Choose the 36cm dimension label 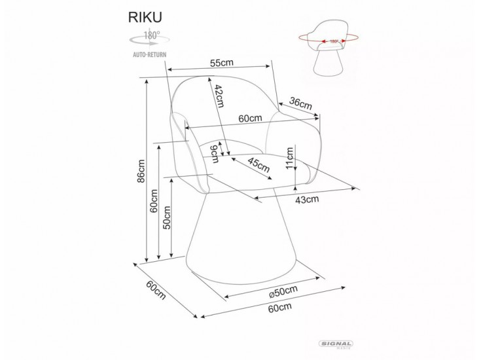pyautogui.click(x=300, y=103)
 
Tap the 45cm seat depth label pyautogui.click(x=258, y=166)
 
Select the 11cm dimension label pyautogui.click(x=289, y=158)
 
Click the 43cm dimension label pyautogui.click(x=307, y=199)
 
